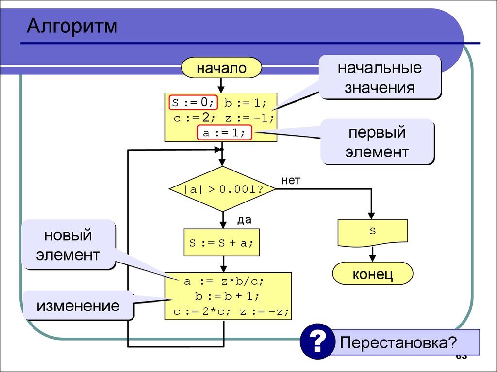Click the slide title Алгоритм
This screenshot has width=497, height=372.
[x=72, y=26]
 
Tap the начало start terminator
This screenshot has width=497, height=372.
[x=221, y=68]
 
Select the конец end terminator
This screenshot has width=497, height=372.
[x=372, y=274]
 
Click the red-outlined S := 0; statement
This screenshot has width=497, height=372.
[x=193, y=103]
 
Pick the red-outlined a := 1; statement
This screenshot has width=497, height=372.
[x=224, y=133]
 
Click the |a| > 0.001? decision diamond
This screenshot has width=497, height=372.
[x=222, y=189]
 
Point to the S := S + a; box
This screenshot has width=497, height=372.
[x=221, y=242]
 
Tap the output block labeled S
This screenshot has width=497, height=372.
[x=372, y=233]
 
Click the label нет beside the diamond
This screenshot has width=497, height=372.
[x=291, y=180]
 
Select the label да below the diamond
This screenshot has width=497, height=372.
[x=244, y=220]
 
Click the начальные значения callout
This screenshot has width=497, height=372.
[x=380, y=77]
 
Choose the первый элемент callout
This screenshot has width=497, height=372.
[x=377, y=142]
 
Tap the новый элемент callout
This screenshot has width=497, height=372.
[x=68, y=245]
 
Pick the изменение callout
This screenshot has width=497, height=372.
[x=78, y=306]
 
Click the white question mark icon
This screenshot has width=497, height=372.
[x=317, y=341]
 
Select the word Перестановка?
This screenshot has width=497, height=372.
[x=398, y=342]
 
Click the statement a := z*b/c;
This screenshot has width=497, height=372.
[x=224, y=281]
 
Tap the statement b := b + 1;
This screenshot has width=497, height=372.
[x=227, y=296]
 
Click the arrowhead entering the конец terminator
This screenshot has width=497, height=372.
[x=372, y=258]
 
